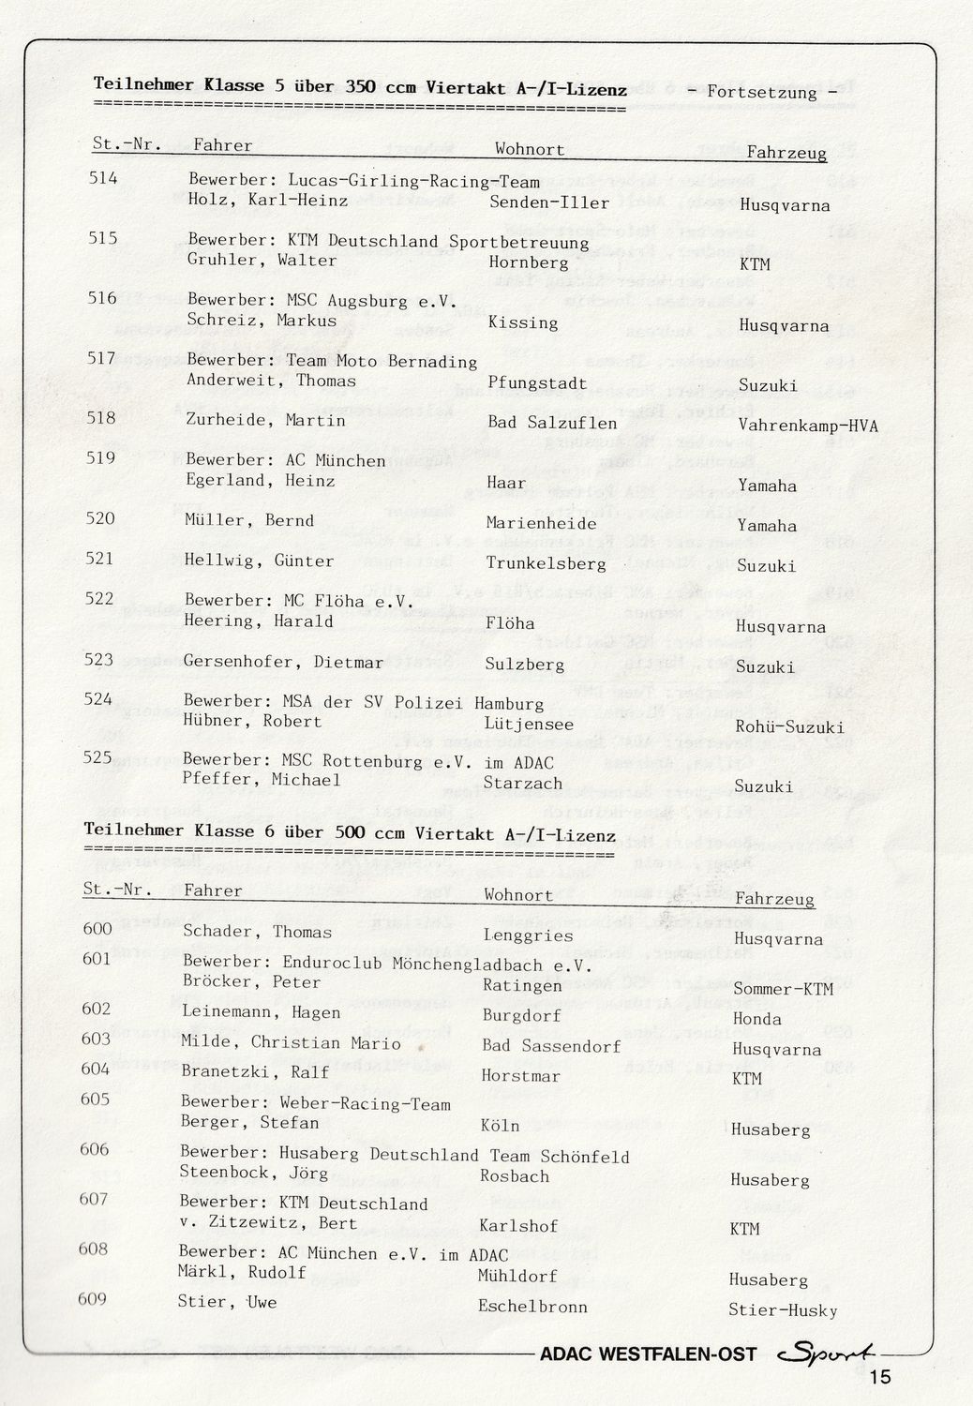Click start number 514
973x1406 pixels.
tap(103, 177)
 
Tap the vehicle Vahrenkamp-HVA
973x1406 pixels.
tap(808, 426)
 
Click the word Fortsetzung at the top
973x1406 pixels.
tap(762, 92)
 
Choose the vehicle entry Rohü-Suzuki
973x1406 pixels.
tap(788, 726)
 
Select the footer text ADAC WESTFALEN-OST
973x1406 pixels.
tap(648, 1354)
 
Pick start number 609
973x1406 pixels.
tap(94, 1298)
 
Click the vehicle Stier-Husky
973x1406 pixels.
tap(783, 1309)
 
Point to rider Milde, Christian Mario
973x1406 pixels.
tap(291, 1042)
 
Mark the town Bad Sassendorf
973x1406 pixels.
tap(551, 1045)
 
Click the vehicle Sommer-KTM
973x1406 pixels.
tap(783, 988)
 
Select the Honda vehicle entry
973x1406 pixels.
tap(756, 1018)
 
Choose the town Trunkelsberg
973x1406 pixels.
tap(546, 563)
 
